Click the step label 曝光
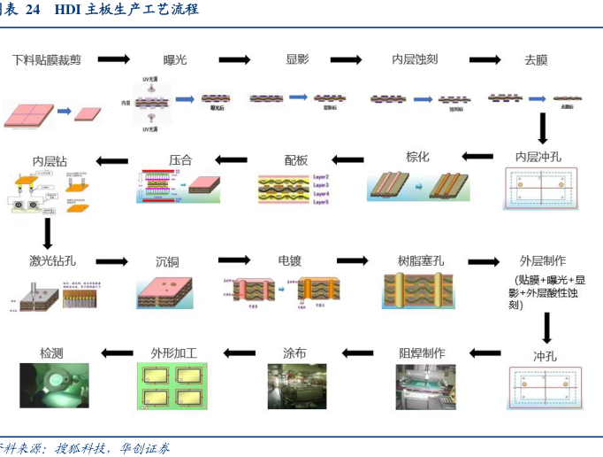[x=175, y=60]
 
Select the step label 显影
[x=297, y=59]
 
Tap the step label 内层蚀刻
[x=415, y=60]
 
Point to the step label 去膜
[x=536, y=60]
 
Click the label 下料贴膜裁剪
[x=46, y=60]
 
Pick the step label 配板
[x=296, y=160]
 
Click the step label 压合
[x=180, y=160]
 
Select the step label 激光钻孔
[x=53, y=261]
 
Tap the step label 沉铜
[x=167, y=262]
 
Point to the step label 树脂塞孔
[x=421, y=261]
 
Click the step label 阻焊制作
[x=422, y=352]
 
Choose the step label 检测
[x=52, y=352]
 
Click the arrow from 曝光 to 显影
[x=235, y=60]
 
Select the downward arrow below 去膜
[x=543, y=128]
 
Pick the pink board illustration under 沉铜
[x=167, y=290]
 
